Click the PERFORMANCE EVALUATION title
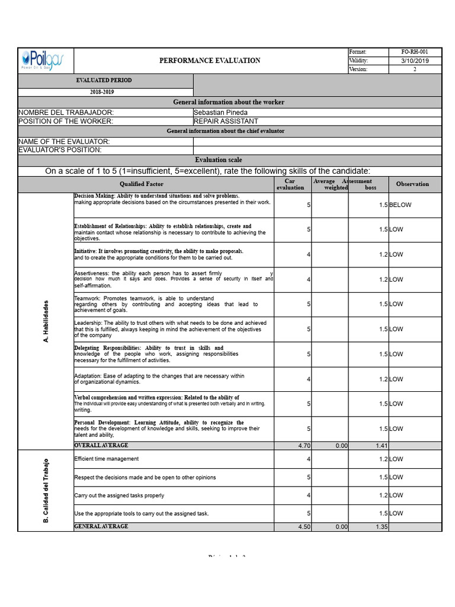210,60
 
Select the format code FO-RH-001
415,52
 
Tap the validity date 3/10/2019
415,60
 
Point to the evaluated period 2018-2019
102,92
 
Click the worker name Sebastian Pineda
221,112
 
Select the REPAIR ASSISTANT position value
226,121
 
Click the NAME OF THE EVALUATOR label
64,142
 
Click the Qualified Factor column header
142,184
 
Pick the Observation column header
412,184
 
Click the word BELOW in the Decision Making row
400,205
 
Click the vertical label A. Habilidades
46,321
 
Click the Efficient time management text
107,459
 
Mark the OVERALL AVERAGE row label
101,445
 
